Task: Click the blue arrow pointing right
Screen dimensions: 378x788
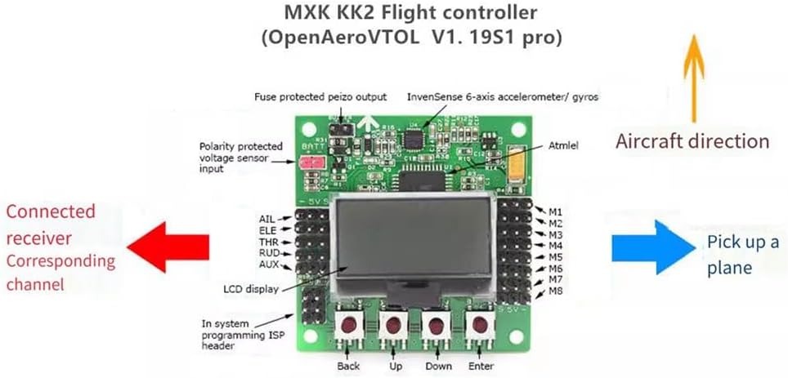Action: pyautogui.click(x=651, y=245)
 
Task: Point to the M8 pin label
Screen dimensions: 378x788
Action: pyautogui.click(x=555, y=291)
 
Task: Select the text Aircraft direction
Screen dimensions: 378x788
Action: pyautogui.click(x=692, y=140)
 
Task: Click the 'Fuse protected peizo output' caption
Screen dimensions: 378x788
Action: pyautogui.click(x=320, y=96)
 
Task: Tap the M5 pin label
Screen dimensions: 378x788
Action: pyautogui.click(x=555, y=257)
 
